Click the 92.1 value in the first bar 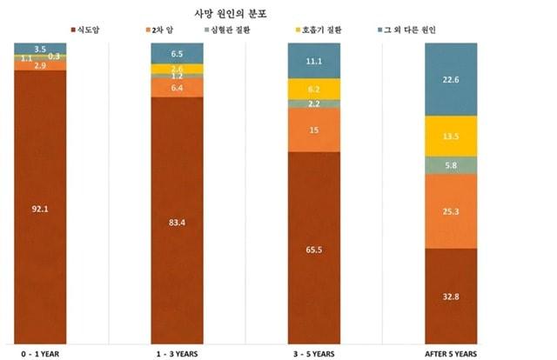[40, 209]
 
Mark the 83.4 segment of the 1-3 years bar [177, 223]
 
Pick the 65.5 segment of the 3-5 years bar [314, 249]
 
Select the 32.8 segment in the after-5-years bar [451, 296]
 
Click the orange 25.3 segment [451, 210]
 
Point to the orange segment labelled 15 [314, 130]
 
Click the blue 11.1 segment [314, 61]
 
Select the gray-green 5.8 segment [451, 164]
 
